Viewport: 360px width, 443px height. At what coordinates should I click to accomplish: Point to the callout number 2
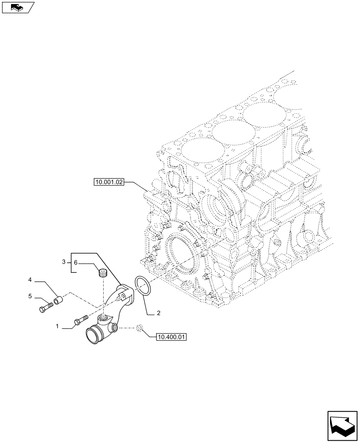158,314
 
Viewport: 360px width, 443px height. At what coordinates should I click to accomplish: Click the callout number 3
64,262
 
